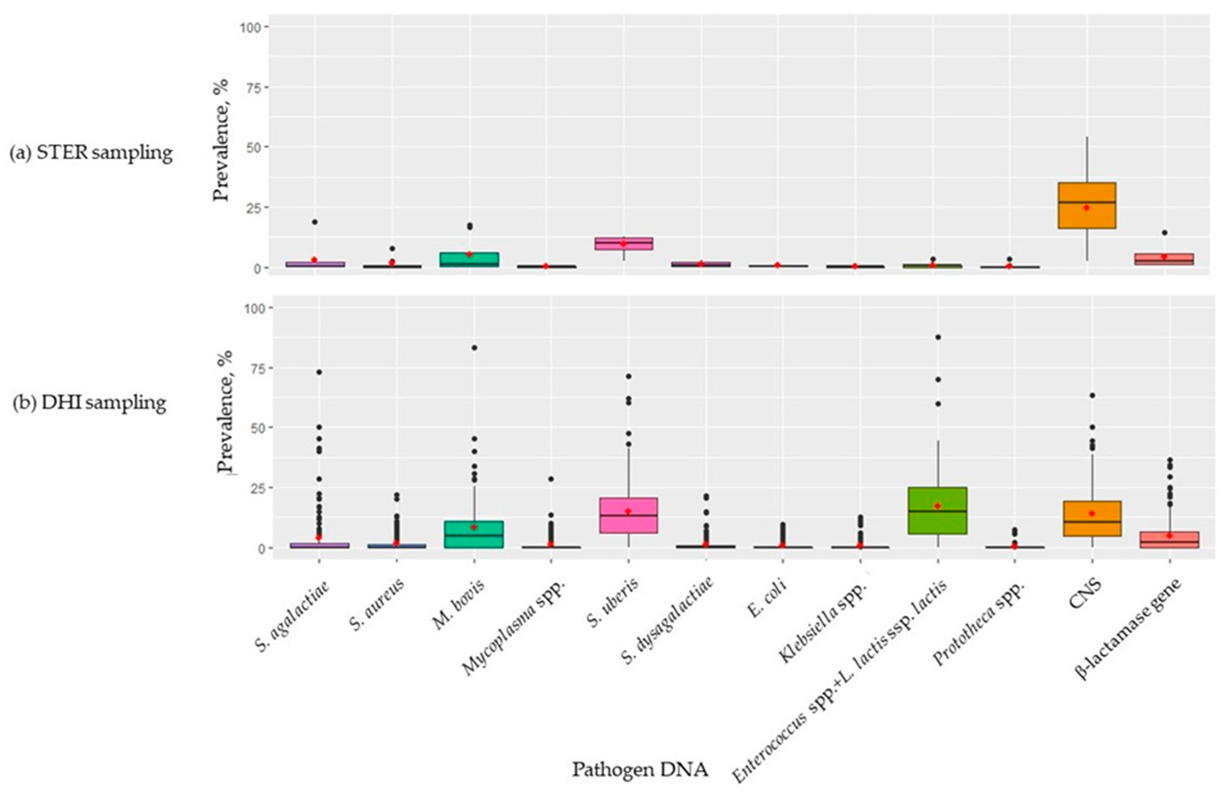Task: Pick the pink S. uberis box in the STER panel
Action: pyautogui.click(x=623, y=244)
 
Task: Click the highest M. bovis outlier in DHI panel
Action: pyautogui.click(x=474, y=347)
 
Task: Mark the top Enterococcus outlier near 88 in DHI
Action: pyautogui.click(x=938, y=337)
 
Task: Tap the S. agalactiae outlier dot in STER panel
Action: pyautogui.click(x=314, y=222)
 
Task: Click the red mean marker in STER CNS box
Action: pyautogui.click(x=1086, y=207)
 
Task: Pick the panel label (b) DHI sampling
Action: pyautogui.click(x=90, y=402)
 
